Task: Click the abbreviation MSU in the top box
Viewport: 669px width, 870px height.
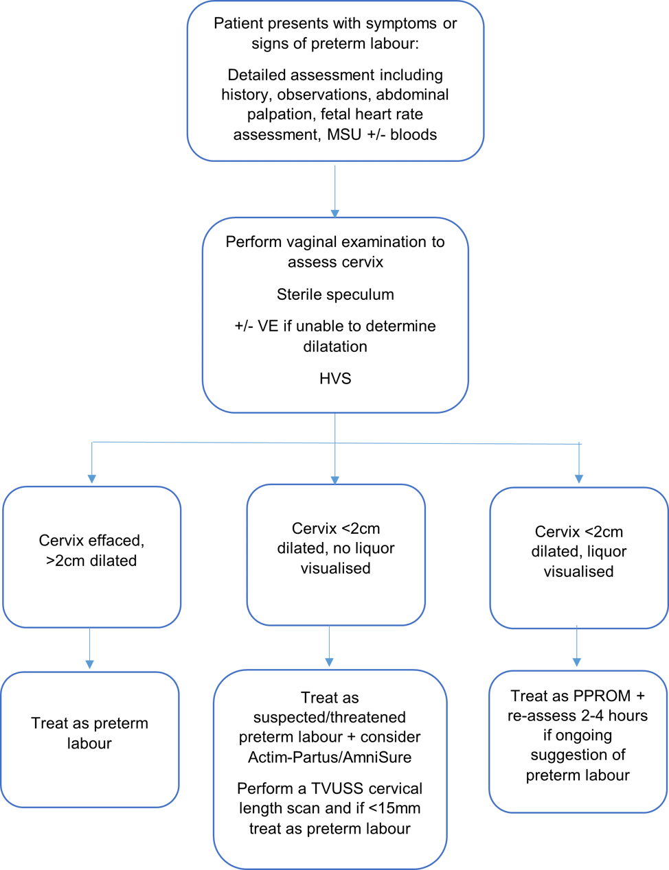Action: click(344, 134)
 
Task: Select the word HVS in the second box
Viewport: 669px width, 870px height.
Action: click(335, 378)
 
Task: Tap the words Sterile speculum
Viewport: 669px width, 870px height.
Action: click(335, 294)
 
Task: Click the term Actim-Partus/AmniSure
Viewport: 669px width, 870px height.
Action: click(330, 757)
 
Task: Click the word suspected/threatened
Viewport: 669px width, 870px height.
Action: click(330, 717)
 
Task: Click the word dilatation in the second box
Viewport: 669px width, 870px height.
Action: click(335, 346)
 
